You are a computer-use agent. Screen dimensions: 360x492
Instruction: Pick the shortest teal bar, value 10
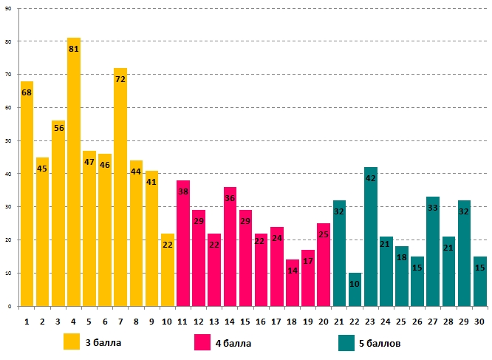pyautogui.click(x=355, y=289)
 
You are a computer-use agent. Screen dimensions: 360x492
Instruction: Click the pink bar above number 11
pyautogui.click(x=183, y=243)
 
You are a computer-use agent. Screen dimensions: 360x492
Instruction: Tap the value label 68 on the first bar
pyautogui.click(x=27, y=93)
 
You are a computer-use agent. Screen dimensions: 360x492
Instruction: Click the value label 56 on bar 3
pyautogui.click(x=58, y=128)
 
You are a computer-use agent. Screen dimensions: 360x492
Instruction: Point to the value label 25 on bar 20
pyautogui.click(x=324, y=234)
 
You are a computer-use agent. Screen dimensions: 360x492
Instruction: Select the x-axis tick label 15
pyautogui.click(x=245, y=322)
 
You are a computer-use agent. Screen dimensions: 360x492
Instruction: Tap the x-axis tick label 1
pyautogui.click(x=27, y=322)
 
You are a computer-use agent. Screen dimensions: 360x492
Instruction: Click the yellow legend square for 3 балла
pyautogui.click(x=72, y=342)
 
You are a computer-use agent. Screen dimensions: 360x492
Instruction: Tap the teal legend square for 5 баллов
pyautogui.click(x=347, y=342)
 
